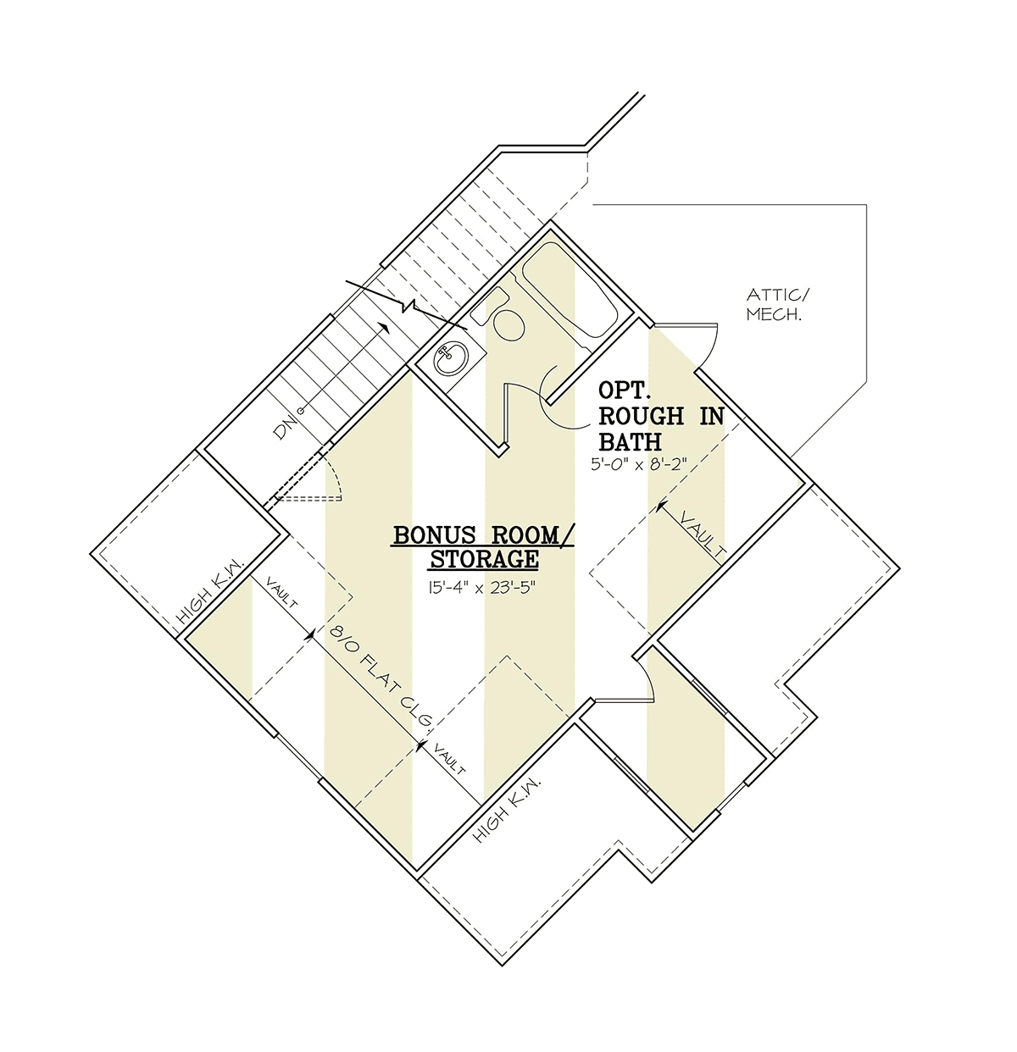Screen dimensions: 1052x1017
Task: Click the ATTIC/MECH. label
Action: [777, 305]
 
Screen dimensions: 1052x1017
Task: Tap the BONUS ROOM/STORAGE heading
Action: [482, 547]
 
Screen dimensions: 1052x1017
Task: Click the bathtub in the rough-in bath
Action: [569, 291]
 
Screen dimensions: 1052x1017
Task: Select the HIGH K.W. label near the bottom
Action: [507, 811]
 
